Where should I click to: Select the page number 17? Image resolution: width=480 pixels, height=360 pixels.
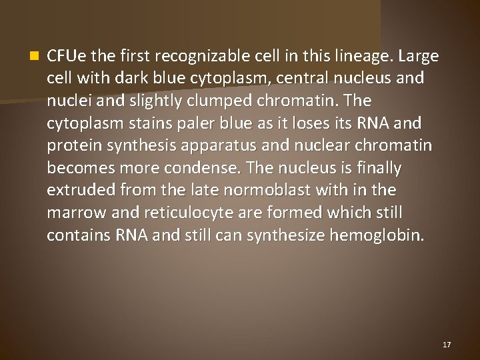pos(447,345)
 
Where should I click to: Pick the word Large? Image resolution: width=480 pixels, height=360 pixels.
pos(419,56)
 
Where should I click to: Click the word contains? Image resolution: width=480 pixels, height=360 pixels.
pos(79,235)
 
